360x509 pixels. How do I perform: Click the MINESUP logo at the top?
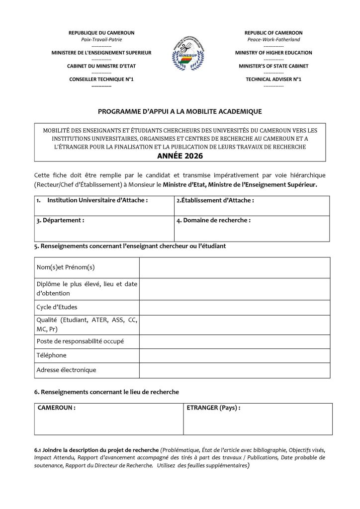pyautogui.click(x=180, y=55)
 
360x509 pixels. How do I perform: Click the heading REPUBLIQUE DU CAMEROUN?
pyautogui.click(x=101, y=33)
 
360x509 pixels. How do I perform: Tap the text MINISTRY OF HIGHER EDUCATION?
pyautogui.click(x=273, y=52)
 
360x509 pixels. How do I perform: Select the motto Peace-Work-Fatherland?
pyautogui.click(x=273, y=39)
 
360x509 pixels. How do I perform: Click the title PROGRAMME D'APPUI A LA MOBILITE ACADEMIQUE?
pyautogui.click(x=180, y=112)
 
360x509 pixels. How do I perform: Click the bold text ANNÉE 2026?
pyautogui.click(x=180, y=155)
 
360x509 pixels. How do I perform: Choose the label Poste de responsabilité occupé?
pyautogui.click(x=80, y=341)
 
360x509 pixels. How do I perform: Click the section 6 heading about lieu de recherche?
pyautogui.click(x=106, y=392)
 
